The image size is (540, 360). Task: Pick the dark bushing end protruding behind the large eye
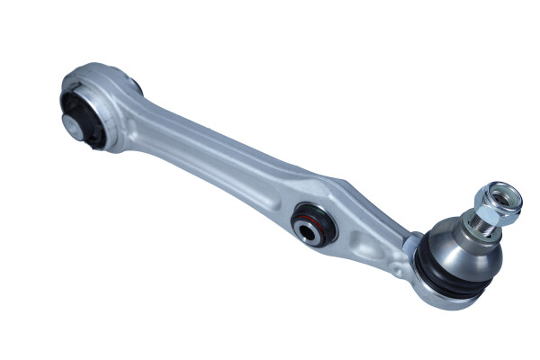click(135, 86)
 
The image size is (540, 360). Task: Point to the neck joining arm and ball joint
click(409, 243)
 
